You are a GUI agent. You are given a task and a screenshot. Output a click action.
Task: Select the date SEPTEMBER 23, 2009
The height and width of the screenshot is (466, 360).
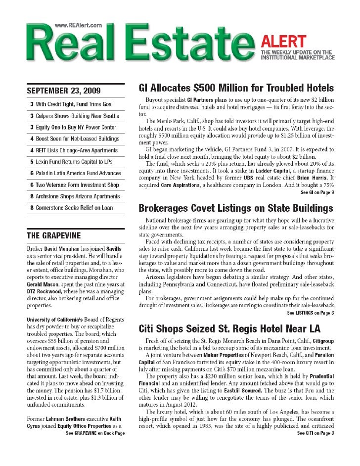(x=63, y=91)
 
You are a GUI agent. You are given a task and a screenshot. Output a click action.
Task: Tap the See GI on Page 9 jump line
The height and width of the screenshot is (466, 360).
(x=317, y=192)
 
